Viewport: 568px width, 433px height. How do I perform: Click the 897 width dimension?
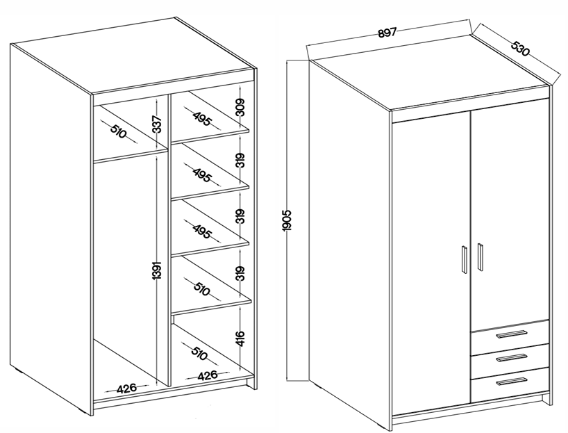[x=387, y=33]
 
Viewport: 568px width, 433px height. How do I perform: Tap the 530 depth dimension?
[x=520, y=49]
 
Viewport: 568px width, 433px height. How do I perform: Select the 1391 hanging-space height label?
[x=156, y=270]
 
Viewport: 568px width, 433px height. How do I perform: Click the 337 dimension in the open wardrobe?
[x=156, y=124]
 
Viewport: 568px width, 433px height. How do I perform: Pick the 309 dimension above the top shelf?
[x=240, y=107]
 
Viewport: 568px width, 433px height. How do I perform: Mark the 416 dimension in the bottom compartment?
[x=240, y=338]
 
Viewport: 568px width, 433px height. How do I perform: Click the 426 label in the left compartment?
[x=126, y=388]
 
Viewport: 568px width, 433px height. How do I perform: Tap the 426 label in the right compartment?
[x=208, y=375]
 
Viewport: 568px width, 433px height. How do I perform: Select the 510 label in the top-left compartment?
[x=118, y=131]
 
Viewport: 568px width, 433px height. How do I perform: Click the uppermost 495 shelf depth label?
[x=201, y=119]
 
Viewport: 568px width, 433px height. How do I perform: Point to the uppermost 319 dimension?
[x=240, y=161]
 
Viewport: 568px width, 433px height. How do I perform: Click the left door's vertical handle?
[x=464, y=260]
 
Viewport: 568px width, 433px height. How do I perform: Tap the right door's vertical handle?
[x=480, y=256]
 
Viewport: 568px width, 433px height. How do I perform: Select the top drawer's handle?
[x=511, y=334]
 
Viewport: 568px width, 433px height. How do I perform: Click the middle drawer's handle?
[x=511, y=357]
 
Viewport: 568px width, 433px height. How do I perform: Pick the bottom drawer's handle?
[x=511, y=381]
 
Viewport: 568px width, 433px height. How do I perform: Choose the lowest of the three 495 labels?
[x=201, y=232]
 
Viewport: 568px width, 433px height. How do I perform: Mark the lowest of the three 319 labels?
[x=240, y=273]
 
